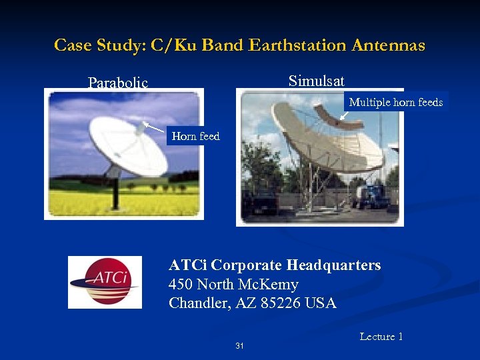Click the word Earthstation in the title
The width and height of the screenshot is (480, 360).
[297, 45]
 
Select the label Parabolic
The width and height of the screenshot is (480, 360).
[118, 83]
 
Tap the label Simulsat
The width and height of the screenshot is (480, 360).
[317, 81]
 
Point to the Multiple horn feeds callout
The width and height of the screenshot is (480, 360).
[396, 102]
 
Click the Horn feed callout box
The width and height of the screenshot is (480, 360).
[195, 136]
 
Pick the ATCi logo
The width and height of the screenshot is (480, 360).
[105, 282]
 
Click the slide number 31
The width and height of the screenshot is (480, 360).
[239, 346]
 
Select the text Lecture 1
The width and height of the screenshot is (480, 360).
[381, 337]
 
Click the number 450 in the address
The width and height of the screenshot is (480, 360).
[181, 285]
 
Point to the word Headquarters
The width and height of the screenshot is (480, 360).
[334, 265]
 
